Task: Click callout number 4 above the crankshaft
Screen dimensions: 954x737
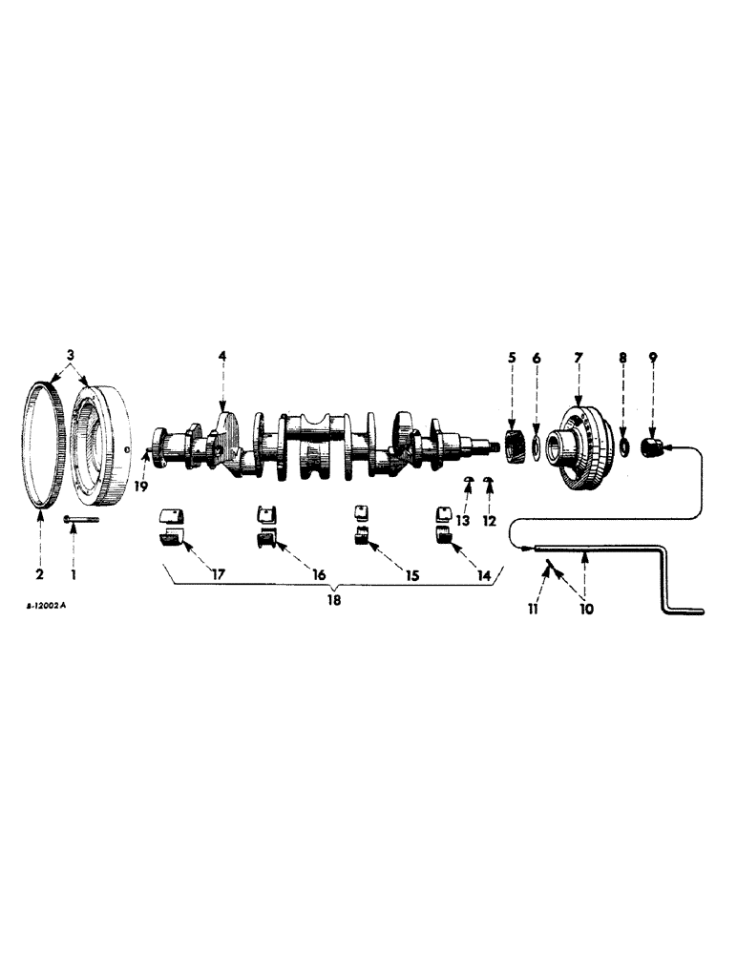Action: [222, 356]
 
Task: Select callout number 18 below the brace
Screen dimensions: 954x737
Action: [332, 601]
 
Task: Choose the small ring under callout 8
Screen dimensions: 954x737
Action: [622, 445]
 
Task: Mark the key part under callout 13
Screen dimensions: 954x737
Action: [468, 480]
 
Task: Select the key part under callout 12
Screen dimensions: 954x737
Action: [490, 480]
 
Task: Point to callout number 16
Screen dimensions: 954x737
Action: [318, 575]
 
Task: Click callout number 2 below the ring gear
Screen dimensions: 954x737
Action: [41, 574]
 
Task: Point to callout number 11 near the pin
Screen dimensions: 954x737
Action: [535, 608]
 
